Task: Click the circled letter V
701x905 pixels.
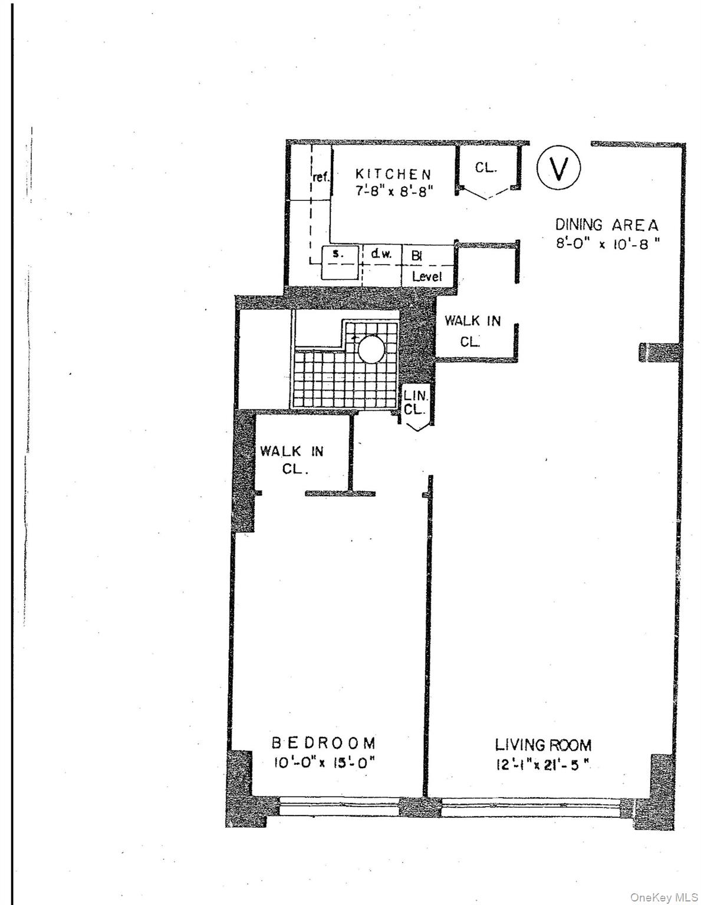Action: point(558,167)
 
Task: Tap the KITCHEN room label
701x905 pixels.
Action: point(393,174)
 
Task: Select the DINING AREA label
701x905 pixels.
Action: point(607,224)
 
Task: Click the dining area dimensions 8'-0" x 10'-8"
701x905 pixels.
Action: point(607,243)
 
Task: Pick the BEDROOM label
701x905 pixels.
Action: point(323,742)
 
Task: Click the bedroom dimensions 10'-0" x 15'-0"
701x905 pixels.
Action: point(323,763)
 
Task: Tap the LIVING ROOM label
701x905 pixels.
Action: point(543,745)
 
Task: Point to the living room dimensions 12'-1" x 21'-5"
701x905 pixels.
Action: point(543,765)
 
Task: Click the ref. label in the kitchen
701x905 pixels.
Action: point(321,177)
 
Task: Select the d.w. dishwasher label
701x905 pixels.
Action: point(381,255)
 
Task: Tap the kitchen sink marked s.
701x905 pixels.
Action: point(338,255)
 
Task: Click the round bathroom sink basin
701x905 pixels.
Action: point(371,349)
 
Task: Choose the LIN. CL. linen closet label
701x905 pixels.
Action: point(415,402)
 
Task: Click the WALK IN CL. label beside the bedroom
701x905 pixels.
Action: point(292,460)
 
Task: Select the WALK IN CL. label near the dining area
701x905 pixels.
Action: point(472,331)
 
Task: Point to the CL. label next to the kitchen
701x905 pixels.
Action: point(486,167)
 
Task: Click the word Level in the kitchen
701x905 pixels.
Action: point(427,276)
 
